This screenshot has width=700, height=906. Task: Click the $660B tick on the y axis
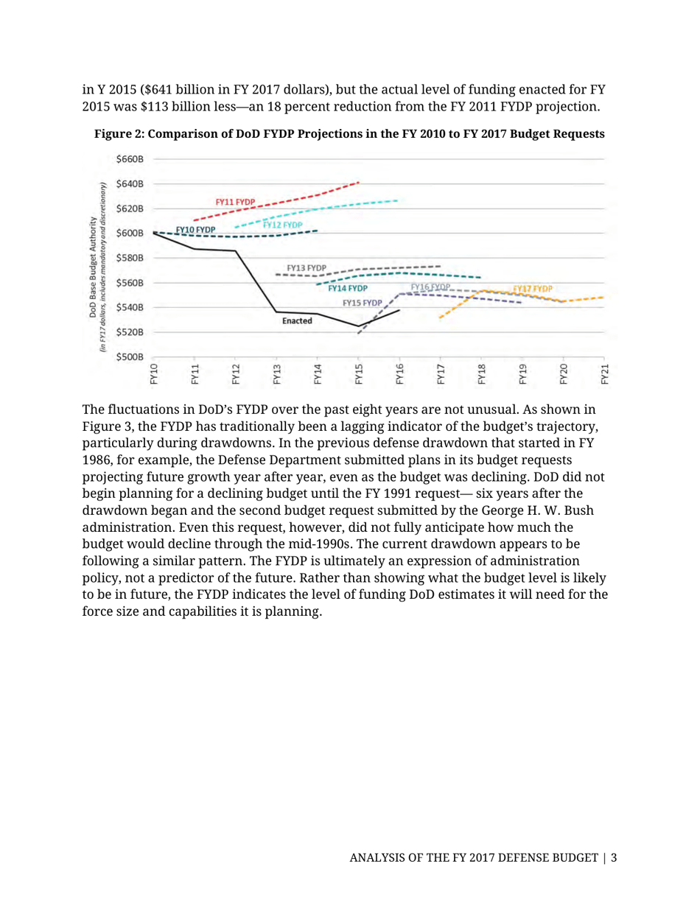(x=129, y=158)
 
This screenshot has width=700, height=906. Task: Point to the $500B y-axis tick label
(x=129, y=357)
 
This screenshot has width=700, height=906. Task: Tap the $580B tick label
(x=129, y=258)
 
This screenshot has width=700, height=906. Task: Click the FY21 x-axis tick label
(x=605, y=373)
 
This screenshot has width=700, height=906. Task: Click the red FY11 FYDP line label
(x=235, y=201)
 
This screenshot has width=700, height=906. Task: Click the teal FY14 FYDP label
(x=348, y=289)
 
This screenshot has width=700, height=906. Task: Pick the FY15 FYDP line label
(x=363, y=303)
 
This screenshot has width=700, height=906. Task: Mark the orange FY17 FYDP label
(x=532, y=288)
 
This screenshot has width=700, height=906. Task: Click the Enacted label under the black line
(x=296, y=320)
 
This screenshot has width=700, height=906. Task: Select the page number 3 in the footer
(x=613, y=857)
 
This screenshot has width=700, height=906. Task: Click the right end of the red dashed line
(x=358, y=182)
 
